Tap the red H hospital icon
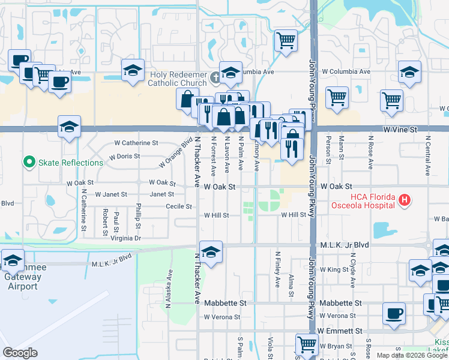pyautogui.click(x=406, y=200)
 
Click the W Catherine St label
pyautogui.click(x=136, y=143)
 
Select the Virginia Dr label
pyautogui.click(x=125, y=238)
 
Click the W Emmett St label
pyautogui.click(x=340, y=331)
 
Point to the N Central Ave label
pyautogui.click(x=427, y=156)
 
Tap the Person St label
pyautogui.click(x=328, y=150)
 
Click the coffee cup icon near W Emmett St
pyautogui.click(x=394, y=313)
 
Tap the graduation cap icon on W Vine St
pyautogui.click(x=70, y=127)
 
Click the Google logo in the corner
pyautogui.click(x=20, y=353)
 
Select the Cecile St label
pyautogui.click(x=179, y=206)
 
